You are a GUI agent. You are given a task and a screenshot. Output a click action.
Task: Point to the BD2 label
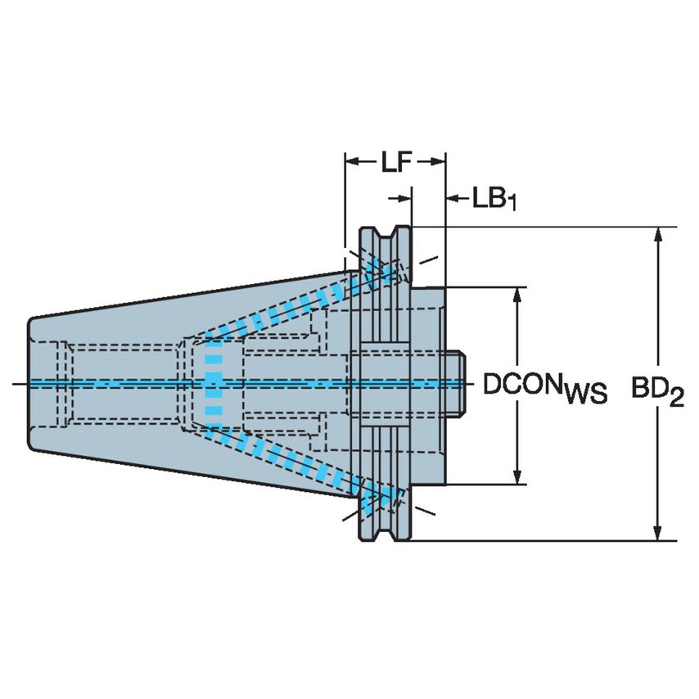tap(657, 391)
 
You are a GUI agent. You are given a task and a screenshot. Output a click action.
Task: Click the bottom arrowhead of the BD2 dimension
tap(656, 532)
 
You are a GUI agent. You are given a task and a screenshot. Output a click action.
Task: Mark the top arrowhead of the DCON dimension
tap(517, 295)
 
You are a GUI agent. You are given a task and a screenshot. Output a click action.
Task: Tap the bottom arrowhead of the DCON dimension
tap(517, 476)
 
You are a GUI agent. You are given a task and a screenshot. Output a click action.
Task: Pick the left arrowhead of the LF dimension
tap(353, 161)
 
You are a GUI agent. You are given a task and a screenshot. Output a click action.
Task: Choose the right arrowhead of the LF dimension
tap(438, 161)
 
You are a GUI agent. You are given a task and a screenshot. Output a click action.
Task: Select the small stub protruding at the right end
tap(456, 383)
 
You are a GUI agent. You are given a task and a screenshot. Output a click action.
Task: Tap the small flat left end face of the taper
tap(29, 383)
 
